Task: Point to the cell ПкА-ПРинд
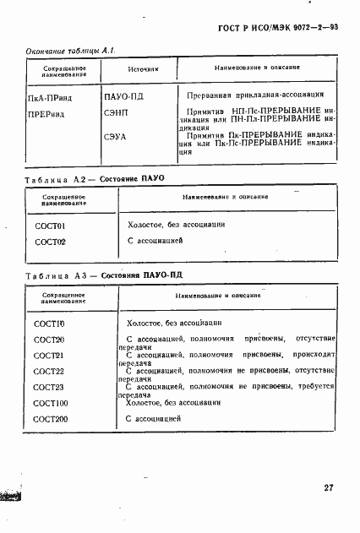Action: point(52,98)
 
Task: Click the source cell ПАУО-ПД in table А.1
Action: point(123,98)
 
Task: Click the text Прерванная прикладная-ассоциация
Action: point(243,98)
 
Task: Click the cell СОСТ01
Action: point(50,226)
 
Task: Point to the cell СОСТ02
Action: point(50,242)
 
